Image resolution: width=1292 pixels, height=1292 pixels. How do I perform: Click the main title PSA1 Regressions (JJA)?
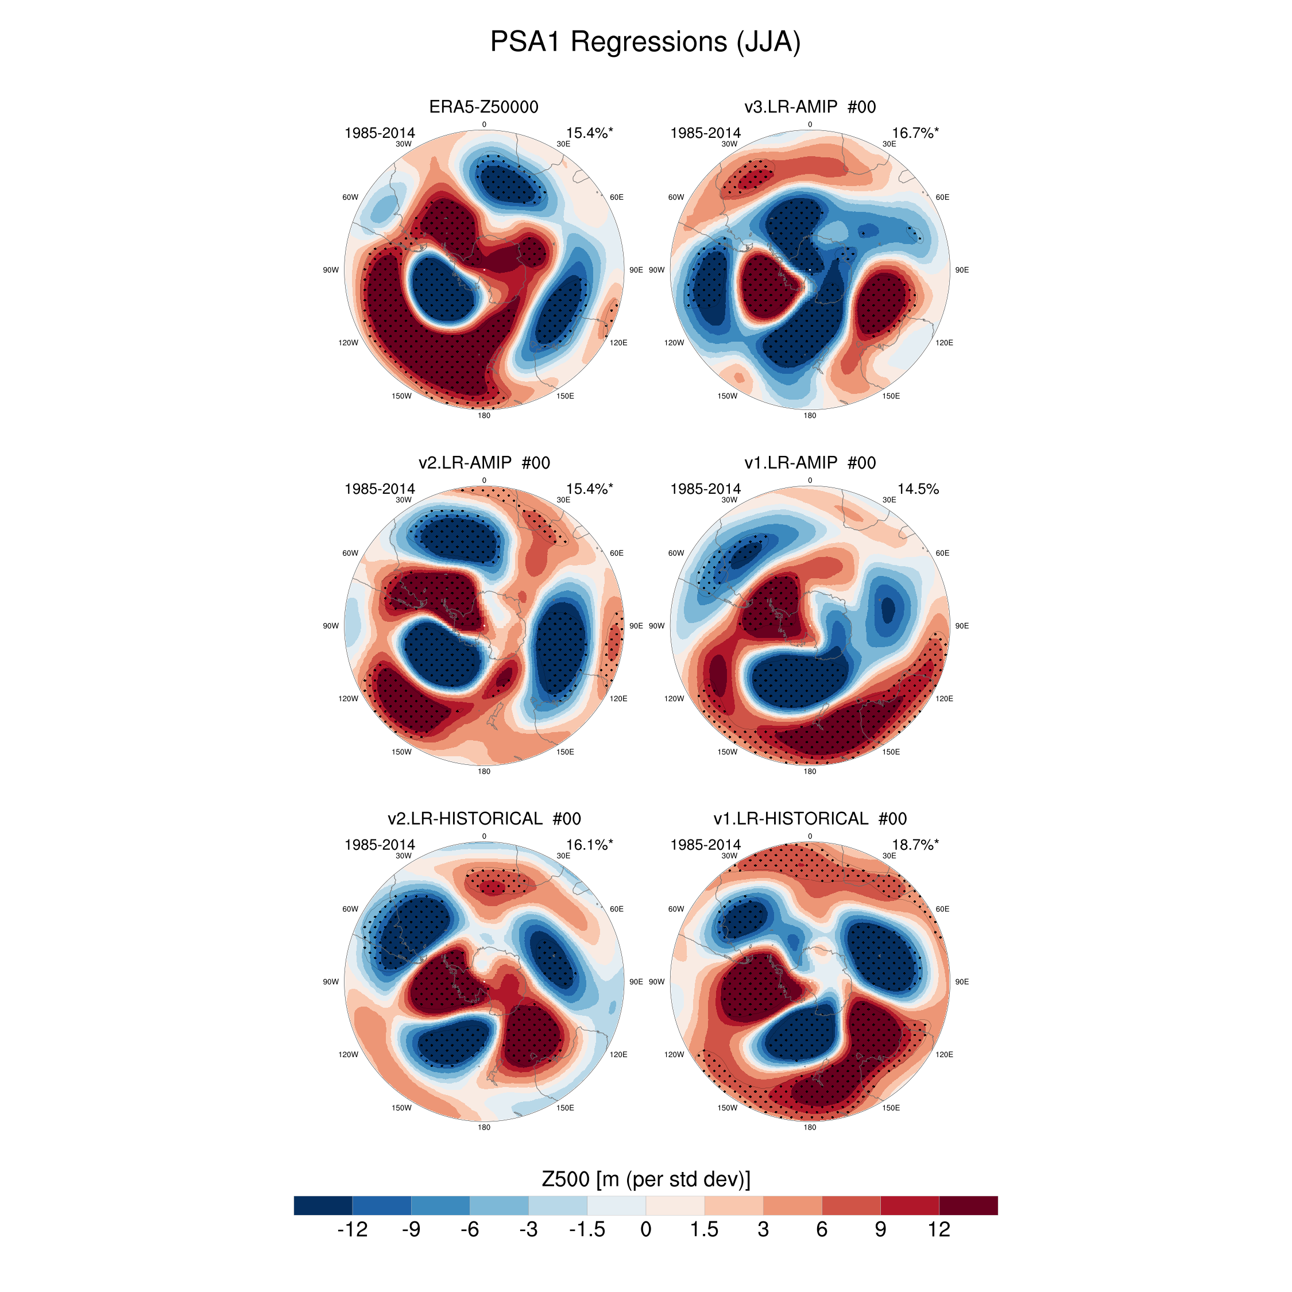tap(645, 41)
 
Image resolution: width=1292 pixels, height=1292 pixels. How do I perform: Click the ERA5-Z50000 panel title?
tap(483, 107)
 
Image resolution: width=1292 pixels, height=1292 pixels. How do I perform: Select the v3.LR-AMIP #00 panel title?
tap(809, 107)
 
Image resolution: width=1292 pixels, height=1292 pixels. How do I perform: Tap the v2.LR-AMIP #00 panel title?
tap(483, 463)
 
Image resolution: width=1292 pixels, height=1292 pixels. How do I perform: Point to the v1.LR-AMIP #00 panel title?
tap(809, 463)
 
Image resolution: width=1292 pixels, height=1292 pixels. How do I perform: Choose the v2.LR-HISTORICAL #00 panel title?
tap(483, 818)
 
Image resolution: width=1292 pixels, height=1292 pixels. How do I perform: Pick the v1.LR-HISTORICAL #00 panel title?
tap(809, 818)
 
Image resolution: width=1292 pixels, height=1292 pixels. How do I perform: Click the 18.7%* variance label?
tap(915, 845)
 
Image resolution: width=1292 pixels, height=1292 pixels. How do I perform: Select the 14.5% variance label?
tap(918, 489)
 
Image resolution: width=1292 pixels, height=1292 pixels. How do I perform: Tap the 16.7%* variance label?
tap(915, 133)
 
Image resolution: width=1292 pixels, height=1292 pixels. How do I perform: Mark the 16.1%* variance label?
tap(589, 845)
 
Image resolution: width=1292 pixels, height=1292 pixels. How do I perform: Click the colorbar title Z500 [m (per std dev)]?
tap(645, 1179)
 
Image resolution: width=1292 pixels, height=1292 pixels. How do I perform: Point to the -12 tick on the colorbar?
tap(353, 1229)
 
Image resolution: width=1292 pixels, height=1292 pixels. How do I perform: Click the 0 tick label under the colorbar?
tap(645, 1229)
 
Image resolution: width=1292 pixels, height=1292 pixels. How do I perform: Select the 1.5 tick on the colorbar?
tap(704, 1229)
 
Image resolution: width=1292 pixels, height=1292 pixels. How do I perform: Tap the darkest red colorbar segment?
tap(968, 1205)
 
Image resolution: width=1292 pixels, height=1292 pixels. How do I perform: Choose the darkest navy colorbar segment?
tap(323, 1205)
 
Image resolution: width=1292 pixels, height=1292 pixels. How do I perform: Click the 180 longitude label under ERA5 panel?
tap(483, 415)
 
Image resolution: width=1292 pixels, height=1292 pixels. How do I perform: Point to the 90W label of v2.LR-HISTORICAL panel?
tap(330, 982)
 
